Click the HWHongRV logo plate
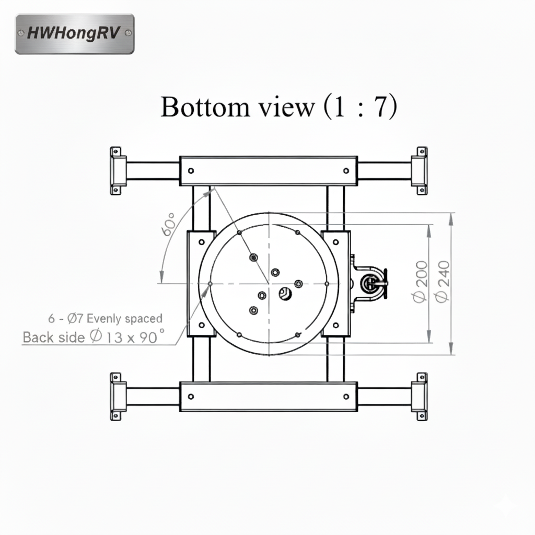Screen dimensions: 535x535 click(75, 34)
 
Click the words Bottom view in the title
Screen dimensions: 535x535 click(237, 107)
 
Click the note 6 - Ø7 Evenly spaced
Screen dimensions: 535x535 click(105, 318)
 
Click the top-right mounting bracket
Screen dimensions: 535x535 click(420, 171)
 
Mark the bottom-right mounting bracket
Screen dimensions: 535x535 click(420, 397)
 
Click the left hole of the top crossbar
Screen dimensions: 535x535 click(191, 170)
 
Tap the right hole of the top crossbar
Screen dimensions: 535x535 click(346, 170)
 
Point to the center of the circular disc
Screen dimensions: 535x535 click(269, 284)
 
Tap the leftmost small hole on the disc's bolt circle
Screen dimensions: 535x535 click(210, 284)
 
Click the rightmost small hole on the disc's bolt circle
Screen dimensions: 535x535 click(327, 284)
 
